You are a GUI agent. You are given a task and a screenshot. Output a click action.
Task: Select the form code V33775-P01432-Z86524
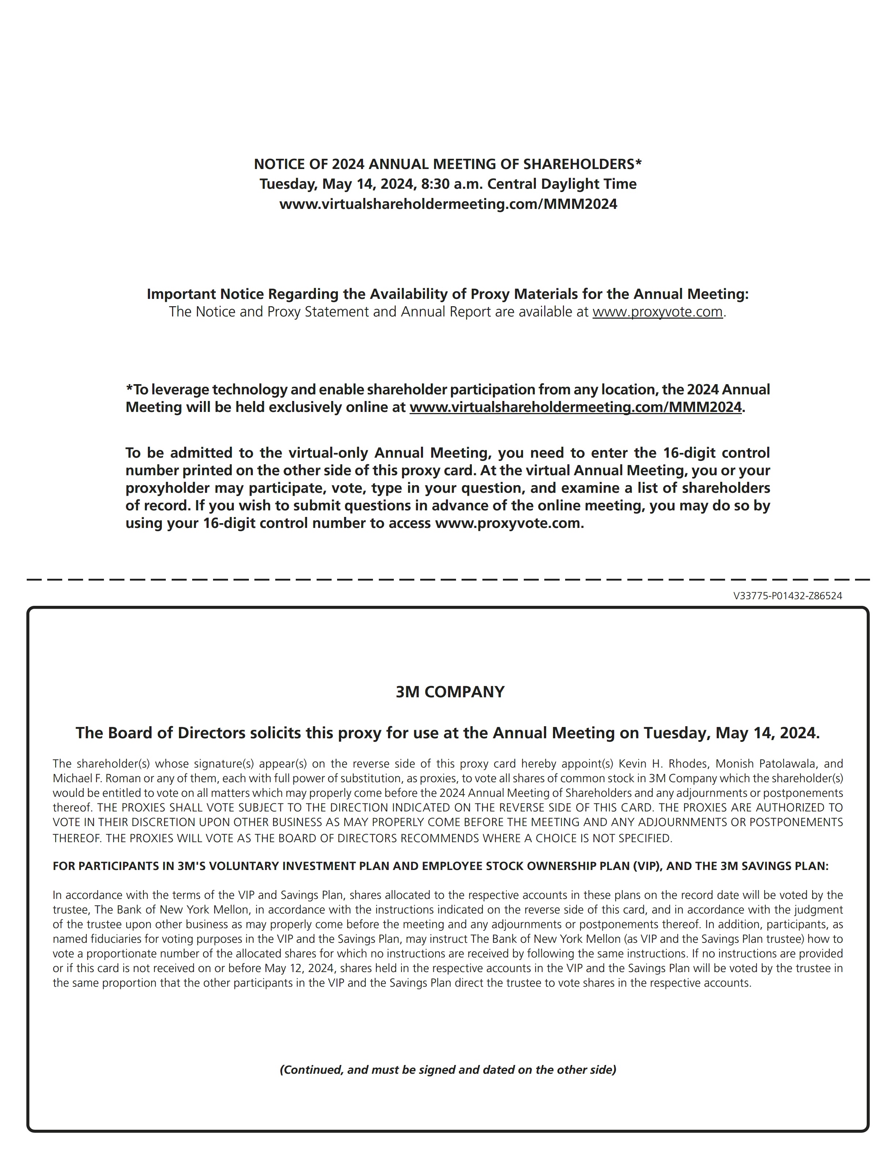click(x=787, y=596)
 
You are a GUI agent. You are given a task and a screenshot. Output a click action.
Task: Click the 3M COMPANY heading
click(x=449, y=692)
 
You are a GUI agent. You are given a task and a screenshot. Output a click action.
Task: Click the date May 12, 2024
click(x=298, y=968)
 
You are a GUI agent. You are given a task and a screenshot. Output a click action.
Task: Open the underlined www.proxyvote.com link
click(x=657, y=312)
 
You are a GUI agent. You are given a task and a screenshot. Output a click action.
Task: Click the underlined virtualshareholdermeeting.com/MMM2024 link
click(x=575, y=408)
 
